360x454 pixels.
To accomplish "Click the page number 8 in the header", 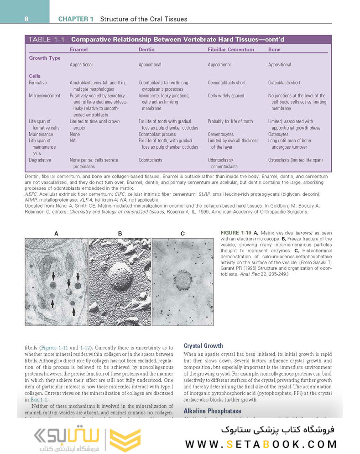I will click(x=27, y=19).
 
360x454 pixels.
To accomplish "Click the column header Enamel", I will click(x=78, y=49).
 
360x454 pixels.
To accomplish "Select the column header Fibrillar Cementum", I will click(x=231, y=49).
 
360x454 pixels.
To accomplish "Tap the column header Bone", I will click(x=274, y=49).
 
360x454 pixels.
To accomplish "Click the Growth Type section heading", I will click(x=45, y=58).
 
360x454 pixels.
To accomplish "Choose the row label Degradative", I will click(x=40, y=160).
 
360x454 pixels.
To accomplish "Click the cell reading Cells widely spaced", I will click(x=226, y=96).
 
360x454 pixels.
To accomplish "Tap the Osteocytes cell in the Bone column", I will click(x=278, y=135).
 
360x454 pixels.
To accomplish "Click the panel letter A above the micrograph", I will click(x=56, y=234).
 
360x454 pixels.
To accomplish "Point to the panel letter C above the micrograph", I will click(x=183, y=234).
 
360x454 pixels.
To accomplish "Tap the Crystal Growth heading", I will click(x=203, y=345).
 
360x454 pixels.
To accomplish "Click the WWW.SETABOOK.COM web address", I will click(x=261, y=444).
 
